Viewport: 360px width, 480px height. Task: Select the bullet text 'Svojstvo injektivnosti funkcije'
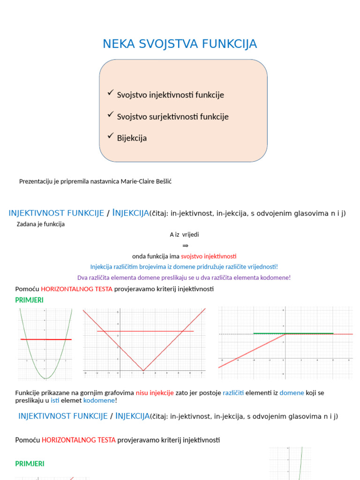pyautogui.click(x=170, y=95)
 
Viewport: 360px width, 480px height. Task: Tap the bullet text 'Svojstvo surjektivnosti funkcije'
pyautogui.click(x=172, y=116)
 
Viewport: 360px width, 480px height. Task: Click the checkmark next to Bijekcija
pyautogui.click(x=111, y=136)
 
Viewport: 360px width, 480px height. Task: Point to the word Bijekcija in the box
pyautogui.click(x=132, y=138)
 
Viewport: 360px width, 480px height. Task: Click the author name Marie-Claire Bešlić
pyautogui.click(x=146, y=181)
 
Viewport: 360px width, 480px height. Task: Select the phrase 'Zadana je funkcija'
pyautogui.click(x=41, y=224)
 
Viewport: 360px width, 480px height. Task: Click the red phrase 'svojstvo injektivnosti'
pyautogui.click(x=209, y=256)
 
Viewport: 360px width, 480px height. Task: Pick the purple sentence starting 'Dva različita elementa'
pyautogui.click(x=184, y=277)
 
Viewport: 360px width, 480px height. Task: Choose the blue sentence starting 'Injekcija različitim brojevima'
pyautogui.click(x=184, y=267)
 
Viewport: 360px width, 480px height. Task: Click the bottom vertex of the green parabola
pyautogui.click(x=45, y=378)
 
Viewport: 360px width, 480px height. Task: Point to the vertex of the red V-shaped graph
pyautogui.click(x=143, y=370)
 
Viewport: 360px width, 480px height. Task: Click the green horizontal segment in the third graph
pyautogui.click(x=293, y=333)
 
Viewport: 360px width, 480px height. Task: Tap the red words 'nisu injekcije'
pyautogui.click(x=155, y=393)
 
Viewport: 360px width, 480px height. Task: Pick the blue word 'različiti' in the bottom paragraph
pyautogui.click(x=233, y=393)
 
